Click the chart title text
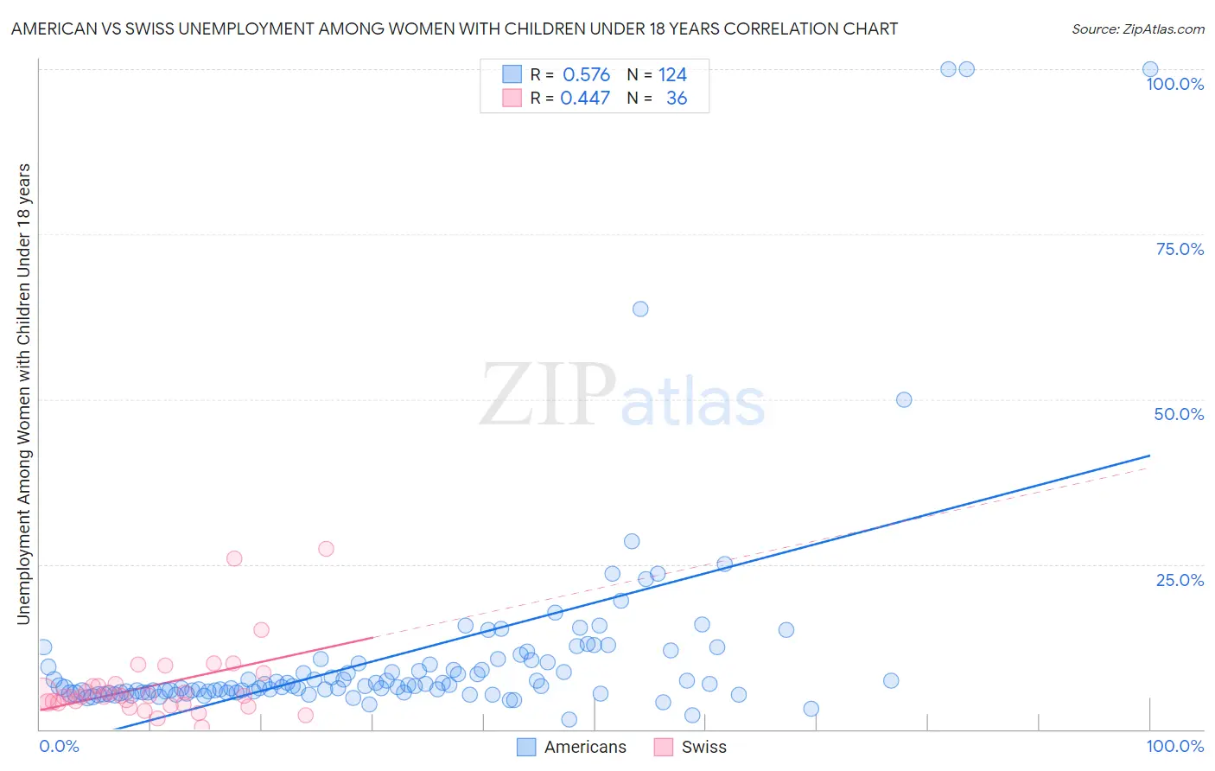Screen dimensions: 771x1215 [455, 29]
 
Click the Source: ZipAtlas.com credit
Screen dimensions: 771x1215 [1137, 29]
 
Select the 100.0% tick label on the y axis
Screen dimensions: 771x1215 [1174, 84]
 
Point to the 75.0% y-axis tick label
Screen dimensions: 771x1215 [1180, 249]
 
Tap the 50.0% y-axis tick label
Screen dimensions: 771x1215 [1179, 414]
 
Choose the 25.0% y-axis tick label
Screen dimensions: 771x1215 [1180, 580]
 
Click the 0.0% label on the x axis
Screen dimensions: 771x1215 [59, 747]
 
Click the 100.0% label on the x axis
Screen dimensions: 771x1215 [1174, 747]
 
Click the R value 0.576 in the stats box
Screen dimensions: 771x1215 [586, 75]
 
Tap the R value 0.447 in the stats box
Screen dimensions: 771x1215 [585, 99]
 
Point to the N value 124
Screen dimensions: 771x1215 [672, 75]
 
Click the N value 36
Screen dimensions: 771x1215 [677, 99]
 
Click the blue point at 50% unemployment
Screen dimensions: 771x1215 [904, 399]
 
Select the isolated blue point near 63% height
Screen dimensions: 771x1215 [640, 309]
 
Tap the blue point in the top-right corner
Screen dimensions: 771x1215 [1150, 69]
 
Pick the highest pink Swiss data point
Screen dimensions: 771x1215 [326, 549]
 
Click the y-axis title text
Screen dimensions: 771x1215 [23, 394]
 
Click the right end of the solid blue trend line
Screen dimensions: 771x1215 [1149, 456]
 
